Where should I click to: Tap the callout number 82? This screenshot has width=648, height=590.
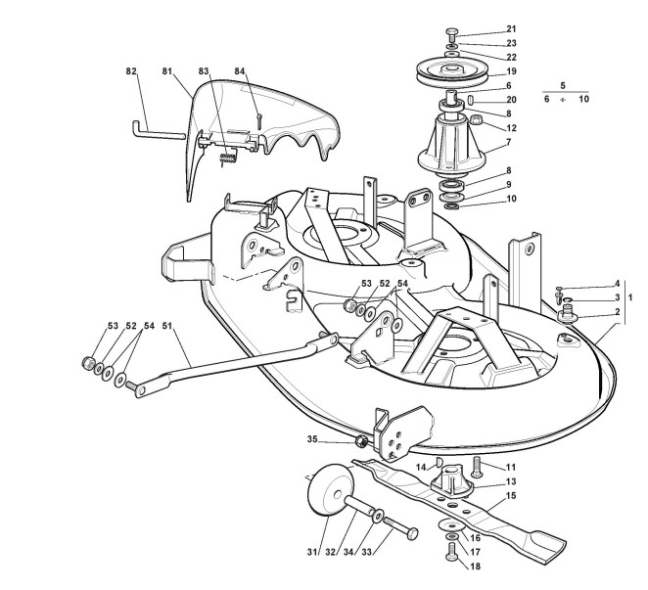[132, 70]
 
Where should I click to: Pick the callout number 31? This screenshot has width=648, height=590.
[312, 553]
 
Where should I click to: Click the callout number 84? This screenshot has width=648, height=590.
[240, 70]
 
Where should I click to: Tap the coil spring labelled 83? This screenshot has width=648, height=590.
[226, 154]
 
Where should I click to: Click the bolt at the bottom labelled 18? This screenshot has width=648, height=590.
[450, 554]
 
